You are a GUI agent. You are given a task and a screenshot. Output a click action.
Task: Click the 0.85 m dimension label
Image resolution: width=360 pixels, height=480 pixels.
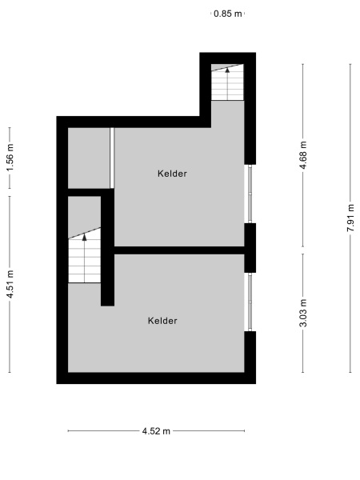(x=227, y=14)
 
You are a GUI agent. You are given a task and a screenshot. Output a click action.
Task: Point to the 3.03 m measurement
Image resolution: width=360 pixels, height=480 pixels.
(x=303, y=313)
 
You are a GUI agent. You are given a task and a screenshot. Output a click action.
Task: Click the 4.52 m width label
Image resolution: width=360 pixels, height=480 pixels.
(x=156, y=431)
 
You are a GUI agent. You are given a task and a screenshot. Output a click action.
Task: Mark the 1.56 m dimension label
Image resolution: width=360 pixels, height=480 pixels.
(x=10, y=158)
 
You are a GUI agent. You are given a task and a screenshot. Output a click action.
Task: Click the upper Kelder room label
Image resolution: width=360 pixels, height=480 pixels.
(x=173, y=174)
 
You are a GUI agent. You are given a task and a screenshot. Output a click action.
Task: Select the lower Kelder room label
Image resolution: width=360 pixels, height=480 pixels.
(x=162, y=321)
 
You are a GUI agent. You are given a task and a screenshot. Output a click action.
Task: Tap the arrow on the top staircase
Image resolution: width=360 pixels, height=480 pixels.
(x=226, y=70)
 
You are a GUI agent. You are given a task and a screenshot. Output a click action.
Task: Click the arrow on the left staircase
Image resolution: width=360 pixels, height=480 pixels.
(x=85, y=237)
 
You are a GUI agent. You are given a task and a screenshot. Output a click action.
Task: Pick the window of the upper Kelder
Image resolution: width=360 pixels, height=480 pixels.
(x=250, y=194)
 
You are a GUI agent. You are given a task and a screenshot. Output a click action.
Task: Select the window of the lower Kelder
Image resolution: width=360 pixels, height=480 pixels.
(x=250, y=302)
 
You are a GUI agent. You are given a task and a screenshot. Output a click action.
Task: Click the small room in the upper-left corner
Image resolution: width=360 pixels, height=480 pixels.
(x=88, y=158)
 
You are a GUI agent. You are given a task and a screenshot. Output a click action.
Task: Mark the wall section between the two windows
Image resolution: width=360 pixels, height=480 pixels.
(x=250, y=247)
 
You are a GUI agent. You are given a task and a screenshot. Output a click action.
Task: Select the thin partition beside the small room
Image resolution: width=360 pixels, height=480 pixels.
(x=113, y=158)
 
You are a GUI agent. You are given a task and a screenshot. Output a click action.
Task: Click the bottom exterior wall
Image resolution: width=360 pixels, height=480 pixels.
(x=156, y=378)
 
